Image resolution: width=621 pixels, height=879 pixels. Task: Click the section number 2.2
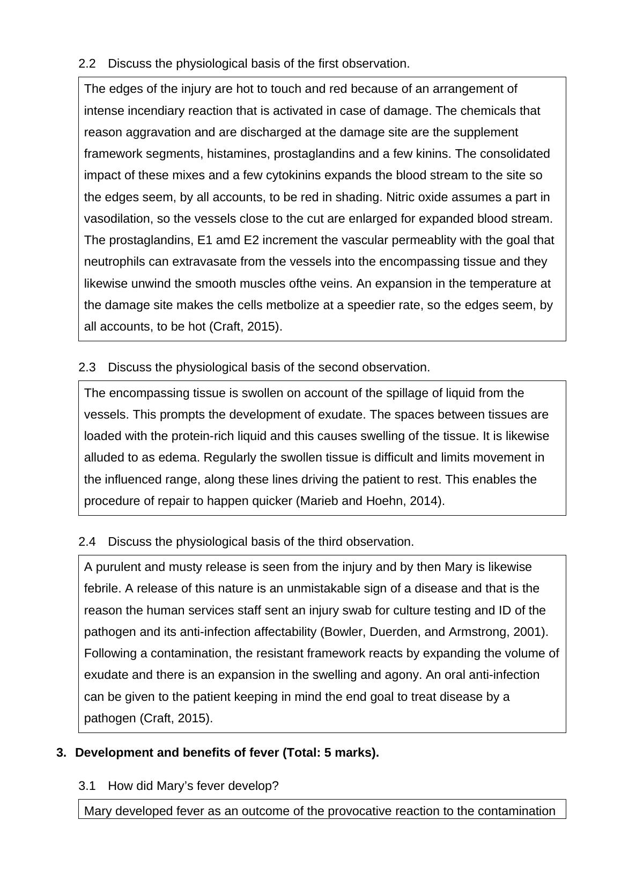tap(87, 64)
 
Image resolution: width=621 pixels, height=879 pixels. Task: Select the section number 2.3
tap(87, 368)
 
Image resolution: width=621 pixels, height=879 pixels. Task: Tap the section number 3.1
tap(87, 786)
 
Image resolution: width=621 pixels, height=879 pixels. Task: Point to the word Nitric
tap(402, 197)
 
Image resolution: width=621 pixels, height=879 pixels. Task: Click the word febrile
tap(102, 589)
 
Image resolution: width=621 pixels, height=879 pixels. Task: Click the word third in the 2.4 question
tap(329, 542)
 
